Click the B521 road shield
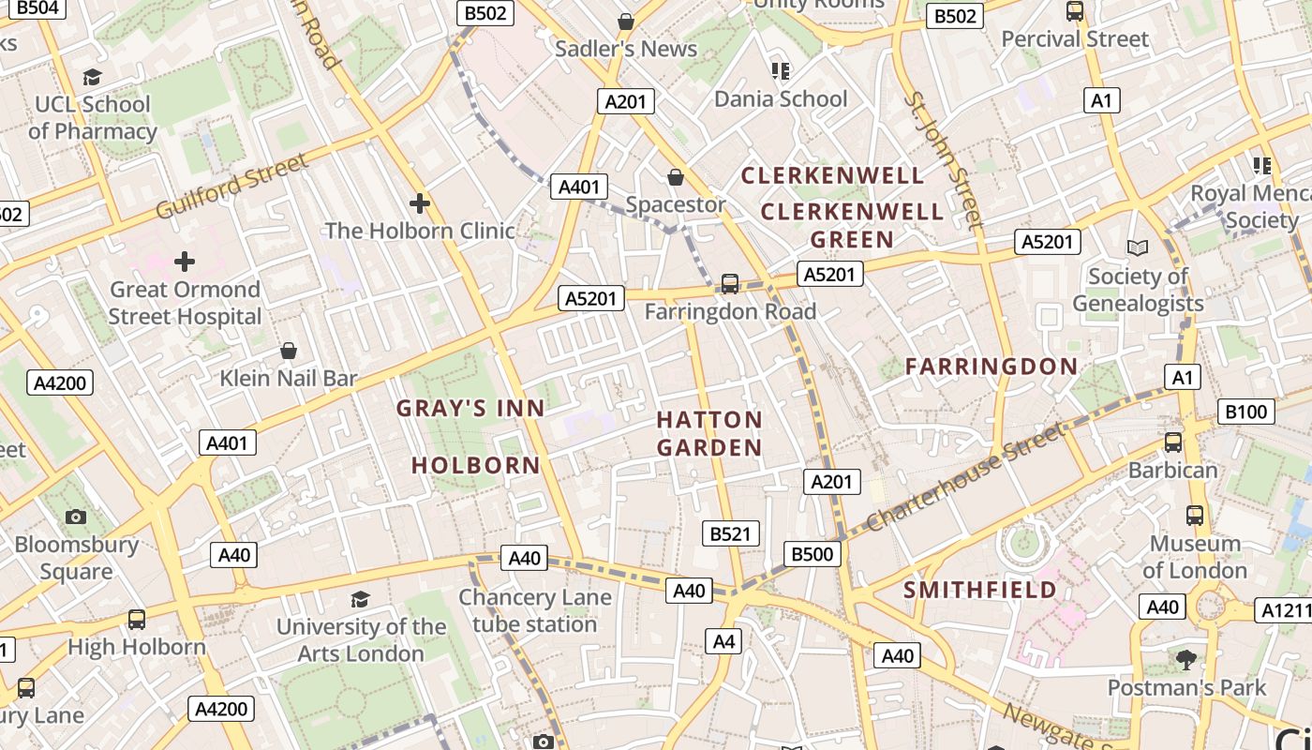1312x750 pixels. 730,533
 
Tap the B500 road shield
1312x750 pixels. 812,554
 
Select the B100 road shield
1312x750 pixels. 1245,411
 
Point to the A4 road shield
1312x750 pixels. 723,641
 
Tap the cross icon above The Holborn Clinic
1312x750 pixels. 420,202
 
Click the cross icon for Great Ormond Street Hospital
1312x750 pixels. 185,261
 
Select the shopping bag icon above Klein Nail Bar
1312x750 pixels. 289,351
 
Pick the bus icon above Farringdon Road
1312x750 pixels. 729,283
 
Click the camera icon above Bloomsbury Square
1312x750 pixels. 76,517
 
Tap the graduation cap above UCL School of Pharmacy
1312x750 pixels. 92,77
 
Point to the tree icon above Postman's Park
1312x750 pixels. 1186,660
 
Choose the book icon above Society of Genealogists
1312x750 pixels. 1138,247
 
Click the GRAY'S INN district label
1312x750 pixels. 470,408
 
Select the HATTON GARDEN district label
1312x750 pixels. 709,433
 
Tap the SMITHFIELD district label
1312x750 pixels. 980,590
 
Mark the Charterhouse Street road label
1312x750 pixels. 965,477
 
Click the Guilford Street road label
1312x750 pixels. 231,186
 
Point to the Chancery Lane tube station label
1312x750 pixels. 534,610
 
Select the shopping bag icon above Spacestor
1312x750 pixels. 675,177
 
